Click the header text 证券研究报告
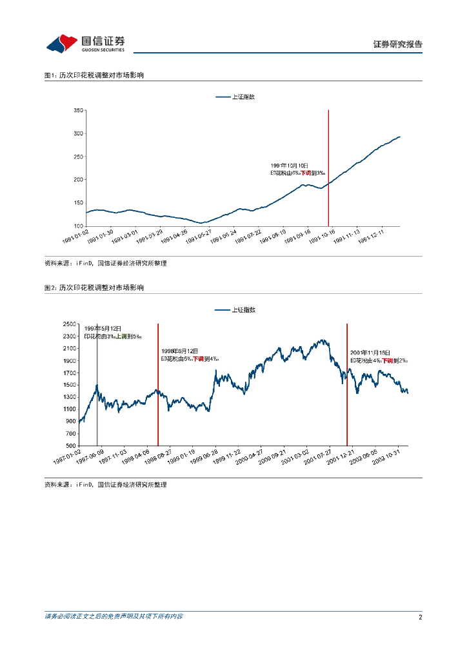pyautogui.click(x=397, y=44)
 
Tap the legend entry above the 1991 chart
pyautogui.click(x=235, y=97)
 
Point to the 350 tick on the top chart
pyautogui.click(x=79, y=110)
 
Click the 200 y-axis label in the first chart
pyautogui.click(x=79, y=180)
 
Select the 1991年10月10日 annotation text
pyautogui.click(x=290, y=166)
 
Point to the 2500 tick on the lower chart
pyautogui.click(x=69, y=324)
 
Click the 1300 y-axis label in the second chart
pyautogui.click(x=69, y=397)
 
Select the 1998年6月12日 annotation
pyautogui.click(x=180, y=351)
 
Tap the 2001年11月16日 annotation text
pyautogui.click(x=371, y=353)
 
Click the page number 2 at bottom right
pyautogui.click(x=420, y=617)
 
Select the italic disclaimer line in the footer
pyautogui.click(x=114, y=617)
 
